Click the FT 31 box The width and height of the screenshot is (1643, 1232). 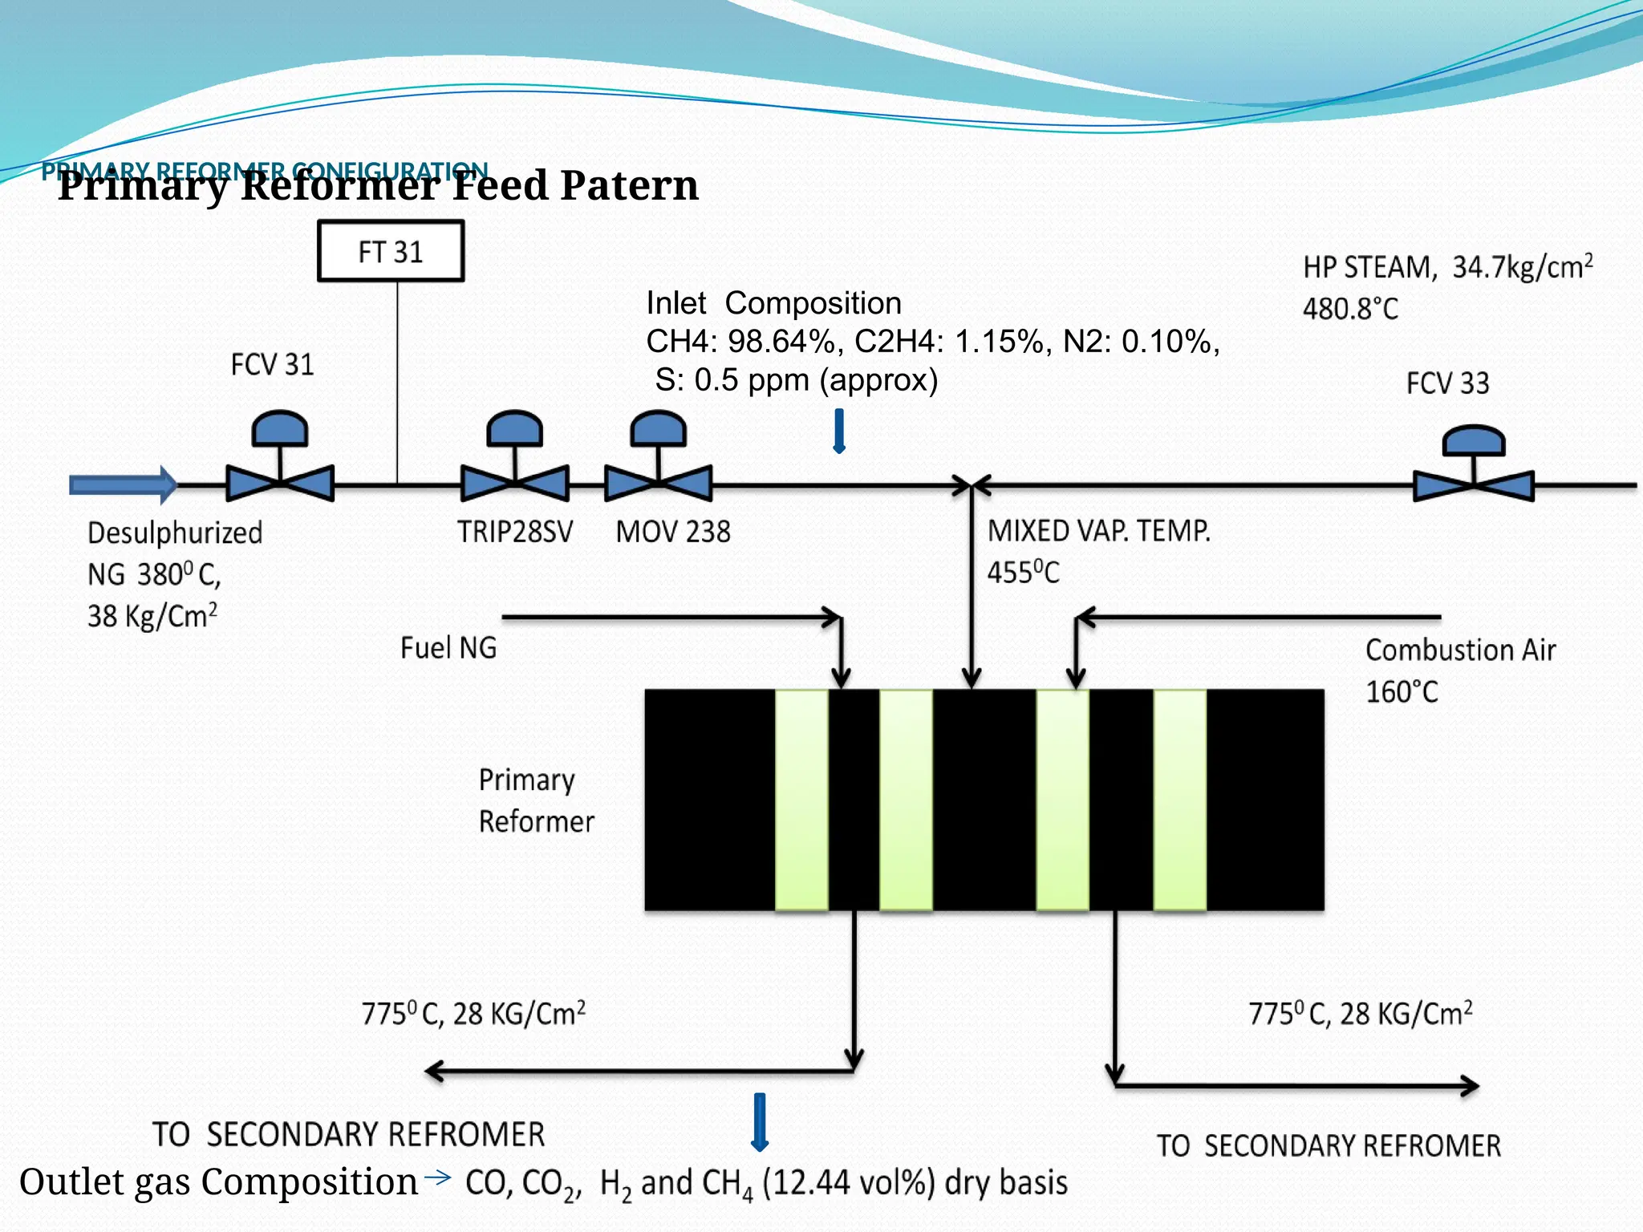391,252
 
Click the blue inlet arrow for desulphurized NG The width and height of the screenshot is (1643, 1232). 122,484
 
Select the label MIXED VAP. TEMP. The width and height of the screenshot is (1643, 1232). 1098,531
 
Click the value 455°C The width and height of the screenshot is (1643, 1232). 1023,573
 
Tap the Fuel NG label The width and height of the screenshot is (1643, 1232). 448,648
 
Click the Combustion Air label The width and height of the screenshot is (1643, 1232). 1460,650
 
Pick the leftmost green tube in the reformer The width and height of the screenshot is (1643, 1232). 801,800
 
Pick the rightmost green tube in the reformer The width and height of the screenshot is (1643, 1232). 1179,800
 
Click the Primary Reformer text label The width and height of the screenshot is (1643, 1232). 536,800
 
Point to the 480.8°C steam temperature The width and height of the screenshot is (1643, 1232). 1350,309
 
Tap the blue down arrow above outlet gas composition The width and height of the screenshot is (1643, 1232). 760,1121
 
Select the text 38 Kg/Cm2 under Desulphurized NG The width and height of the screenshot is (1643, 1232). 152,616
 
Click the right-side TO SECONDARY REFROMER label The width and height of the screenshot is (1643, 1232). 1328,1145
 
